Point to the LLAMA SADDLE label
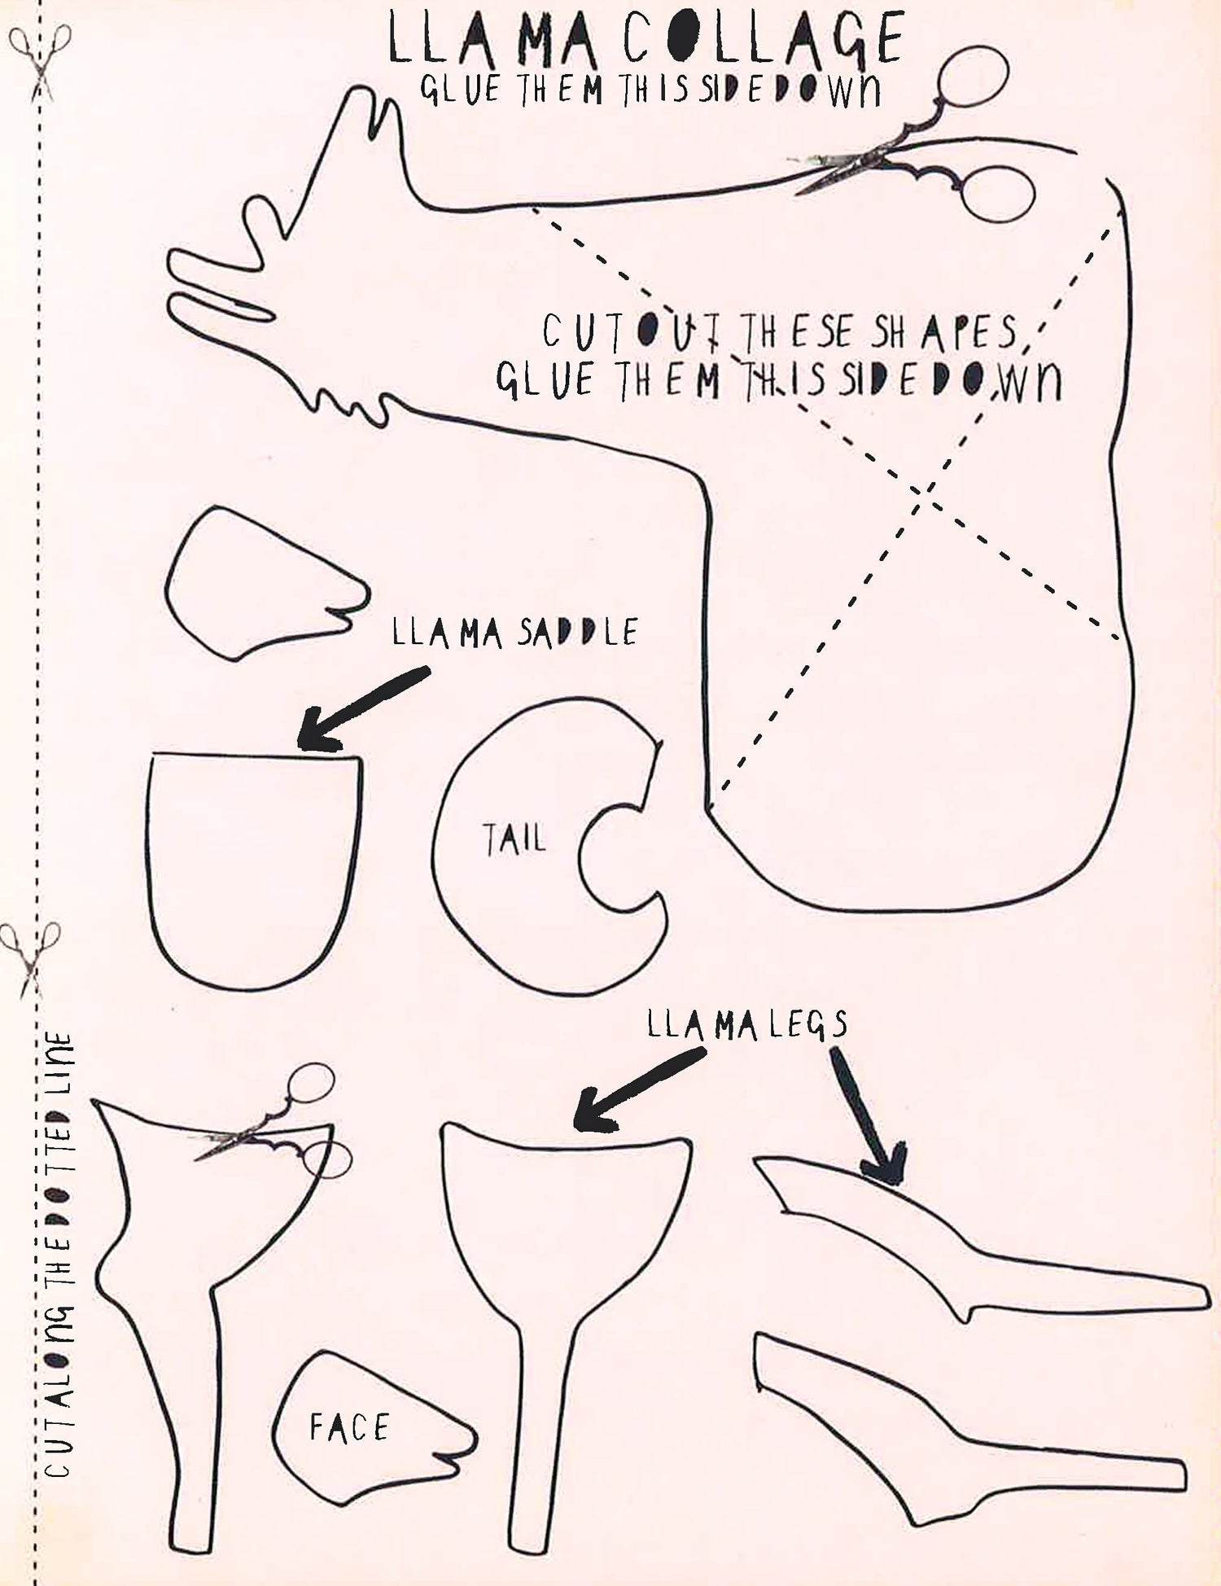pos(515,633)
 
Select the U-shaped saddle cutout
pos(254,870)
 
